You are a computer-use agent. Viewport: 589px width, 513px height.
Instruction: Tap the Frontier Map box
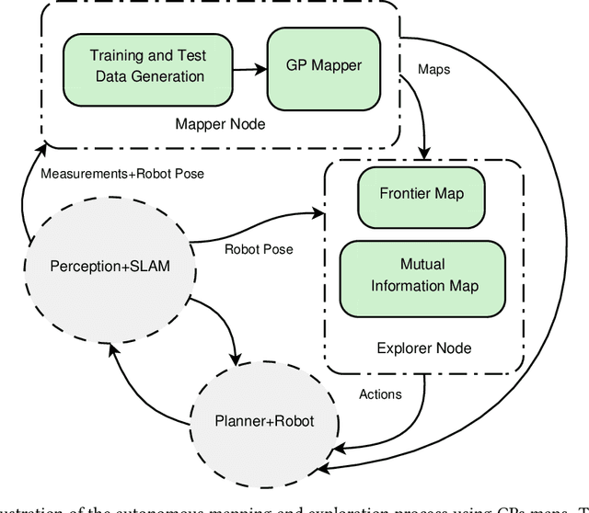coord(421,194)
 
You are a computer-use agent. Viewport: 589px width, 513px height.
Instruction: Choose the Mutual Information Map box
coord(424,274)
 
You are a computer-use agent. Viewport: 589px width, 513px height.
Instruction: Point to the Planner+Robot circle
coord(263,421)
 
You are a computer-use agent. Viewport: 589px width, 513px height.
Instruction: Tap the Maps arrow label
coord(435,69)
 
